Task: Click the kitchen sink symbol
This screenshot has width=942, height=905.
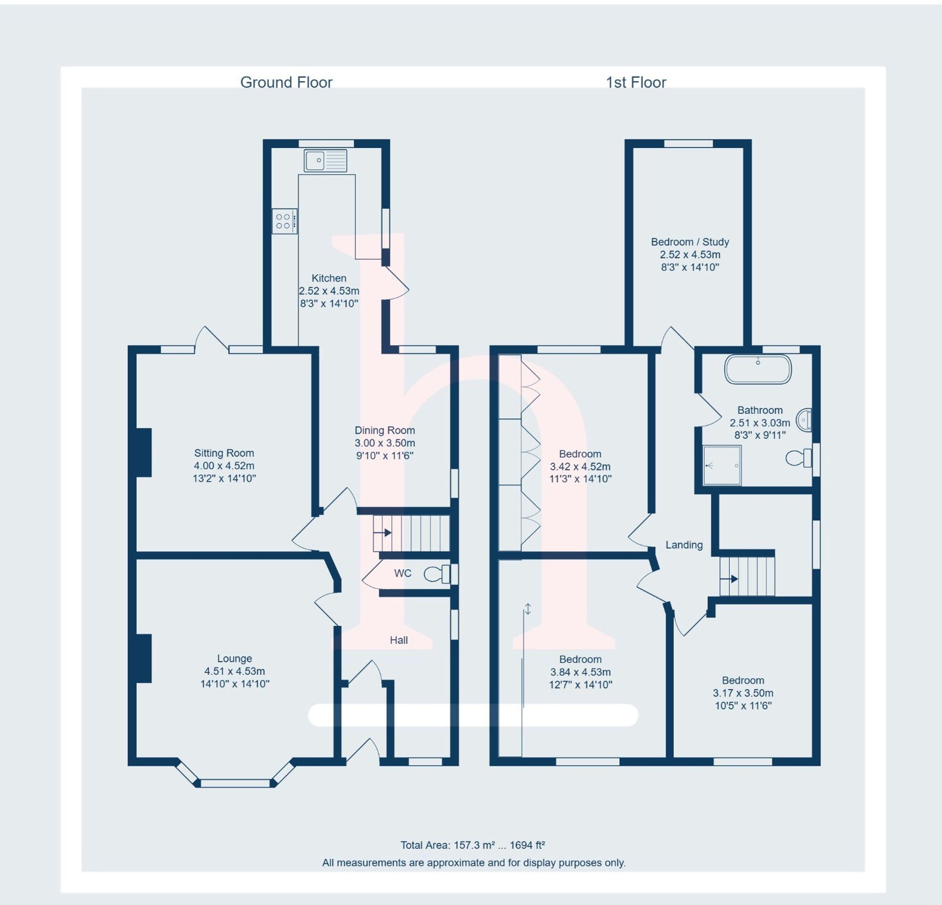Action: click(325, 160)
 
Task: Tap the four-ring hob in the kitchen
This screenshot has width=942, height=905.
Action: click(284, 221)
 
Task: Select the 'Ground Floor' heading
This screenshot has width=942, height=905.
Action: click(286, 82)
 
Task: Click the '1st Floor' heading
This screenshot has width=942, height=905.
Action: click(636, 82)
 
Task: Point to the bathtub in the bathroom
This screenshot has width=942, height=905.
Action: click(757, 370)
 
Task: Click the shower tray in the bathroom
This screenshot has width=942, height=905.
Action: click(722, 465)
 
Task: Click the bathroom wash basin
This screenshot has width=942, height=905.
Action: click(804, 420)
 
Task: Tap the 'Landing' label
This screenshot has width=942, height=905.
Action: click(683, 545)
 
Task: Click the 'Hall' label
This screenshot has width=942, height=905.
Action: click(398, 640)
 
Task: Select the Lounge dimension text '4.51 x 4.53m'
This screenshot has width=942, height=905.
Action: click(235, 671)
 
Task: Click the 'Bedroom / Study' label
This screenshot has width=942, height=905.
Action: click(690, 242)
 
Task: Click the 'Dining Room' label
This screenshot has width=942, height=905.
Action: click(384, 430)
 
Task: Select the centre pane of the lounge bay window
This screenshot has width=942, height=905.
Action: click(235, 783)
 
